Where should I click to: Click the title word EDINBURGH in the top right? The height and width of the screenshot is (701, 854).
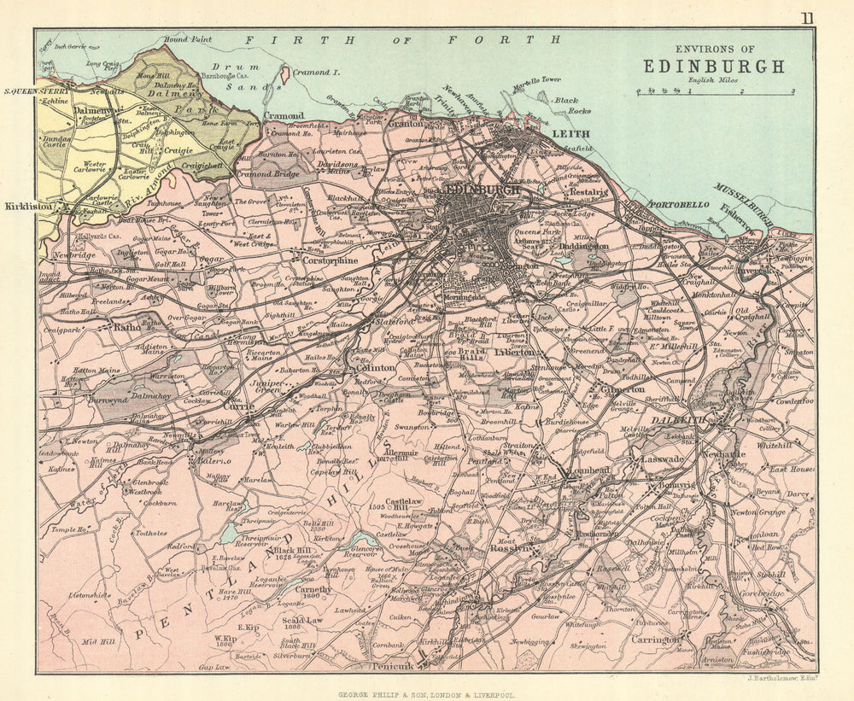(x=713, y=66)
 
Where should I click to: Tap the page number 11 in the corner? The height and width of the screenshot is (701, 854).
(x=807, y=18)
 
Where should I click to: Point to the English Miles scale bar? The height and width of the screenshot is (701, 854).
(x=715, y=91)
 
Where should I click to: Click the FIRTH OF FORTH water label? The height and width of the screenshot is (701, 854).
(x=402, y=39)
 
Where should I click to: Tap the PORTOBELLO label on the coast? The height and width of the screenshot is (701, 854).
(x=679, y=205)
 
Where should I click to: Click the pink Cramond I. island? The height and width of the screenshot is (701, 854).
(x=284, y=75)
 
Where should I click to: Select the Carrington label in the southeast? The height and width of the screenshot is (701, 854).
(x=655, y=639)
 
